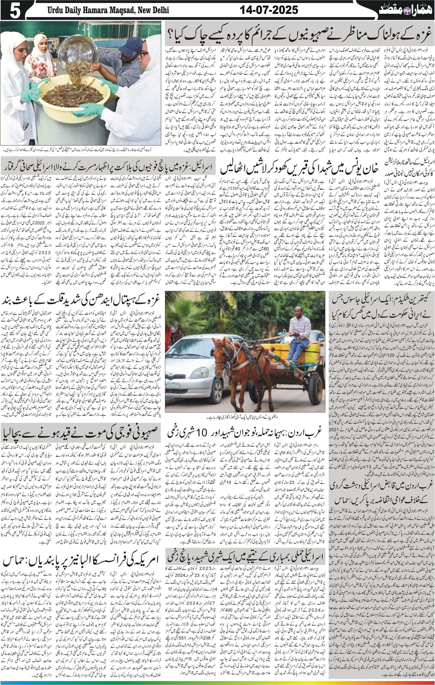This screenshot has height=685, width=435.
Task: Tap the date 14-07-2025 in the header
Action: pyautogui.click(x=269, y=10)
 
